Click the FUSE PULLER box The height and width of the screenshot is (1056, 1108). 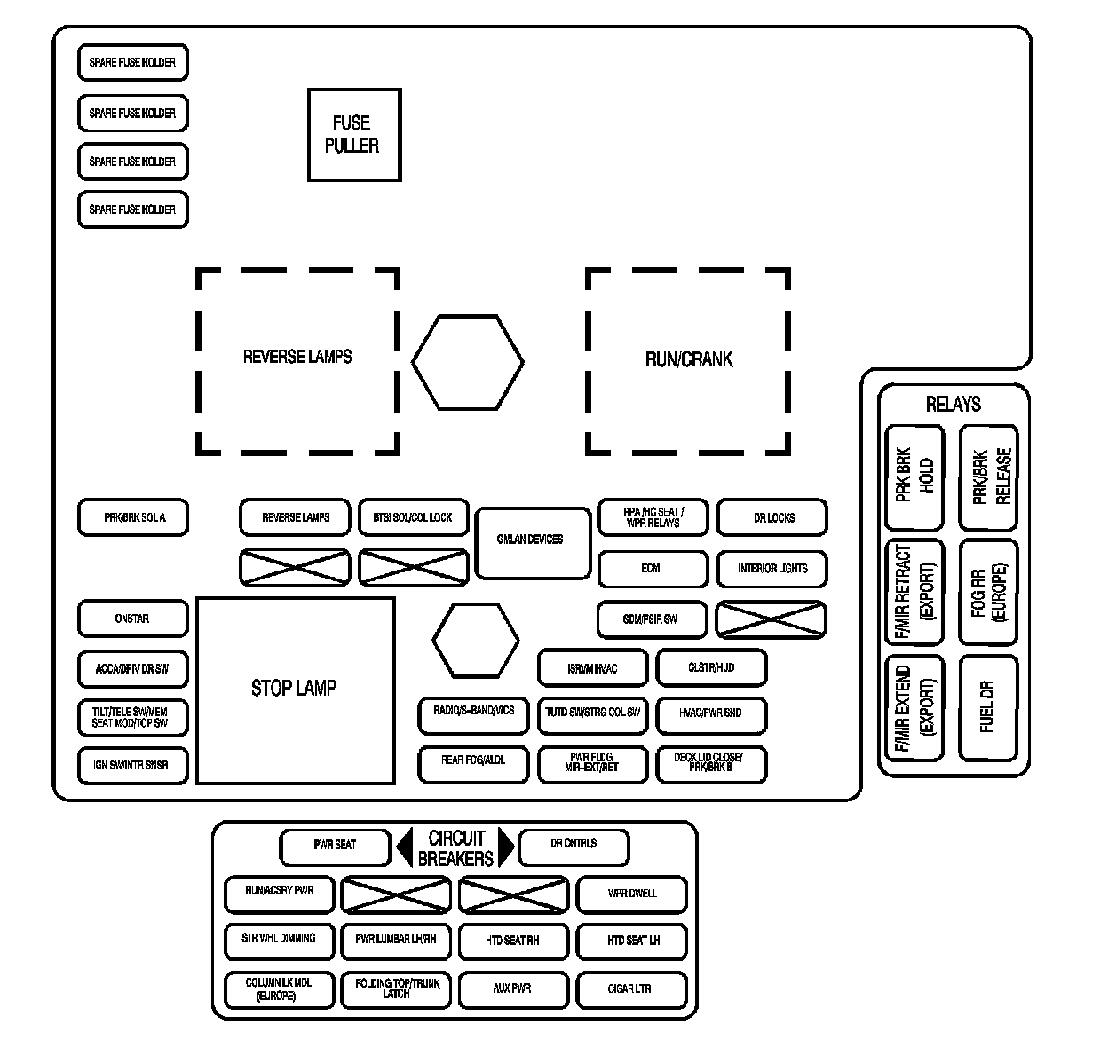point(354,135)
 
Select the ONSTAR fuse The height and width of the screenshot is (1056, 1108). point(133,619)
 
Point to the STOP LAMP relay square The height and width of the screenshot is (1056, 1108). point(295,690)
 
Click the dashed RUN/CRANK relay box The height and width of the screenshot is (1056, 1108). point(688,360)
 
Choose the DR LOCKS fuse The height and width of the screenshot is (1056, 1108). point(772,517)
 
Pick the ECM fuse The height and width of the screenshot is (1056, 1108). point(653,569)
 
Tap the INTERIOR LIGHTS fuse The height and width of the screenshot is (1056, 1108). point(772,569)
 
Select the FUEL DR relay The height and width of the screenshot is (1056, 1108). point(987,708)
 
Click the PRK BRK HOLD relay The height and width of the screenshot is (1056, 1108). point(914,479)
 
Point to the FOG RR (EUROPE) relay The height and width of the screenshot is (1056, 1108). point(987,592)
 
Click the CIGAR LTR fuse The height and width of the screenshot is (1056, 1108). point(631,989)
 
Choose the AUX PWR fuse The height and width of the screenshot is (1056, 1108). point(512,989)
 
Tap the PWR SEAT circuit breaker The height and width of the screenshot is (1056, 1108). point(335,847)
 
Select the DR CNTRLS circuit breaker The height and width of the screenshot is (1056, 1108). point(574,845)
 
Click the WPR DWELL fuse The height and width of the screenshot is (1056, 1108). point(631,894)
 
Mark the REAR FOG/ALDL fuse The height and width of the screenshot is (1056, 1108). point(473,762)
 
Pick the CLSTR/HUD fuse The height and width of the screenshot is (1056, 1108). point(711,668)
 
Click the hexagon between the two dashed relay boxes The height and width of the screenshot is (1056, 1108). point(467,362)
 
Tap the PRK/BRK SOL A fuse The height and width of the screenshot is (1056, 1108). point(133,517)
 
